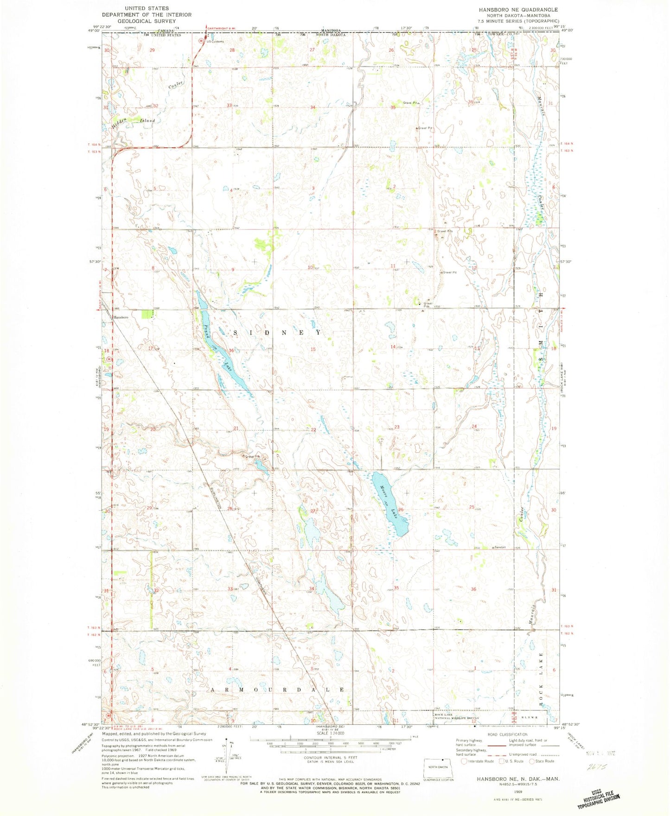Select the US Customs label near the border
coord(214,42)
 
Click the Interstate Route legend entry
coord(478,761)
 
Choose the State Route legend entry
coord(541,761)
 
